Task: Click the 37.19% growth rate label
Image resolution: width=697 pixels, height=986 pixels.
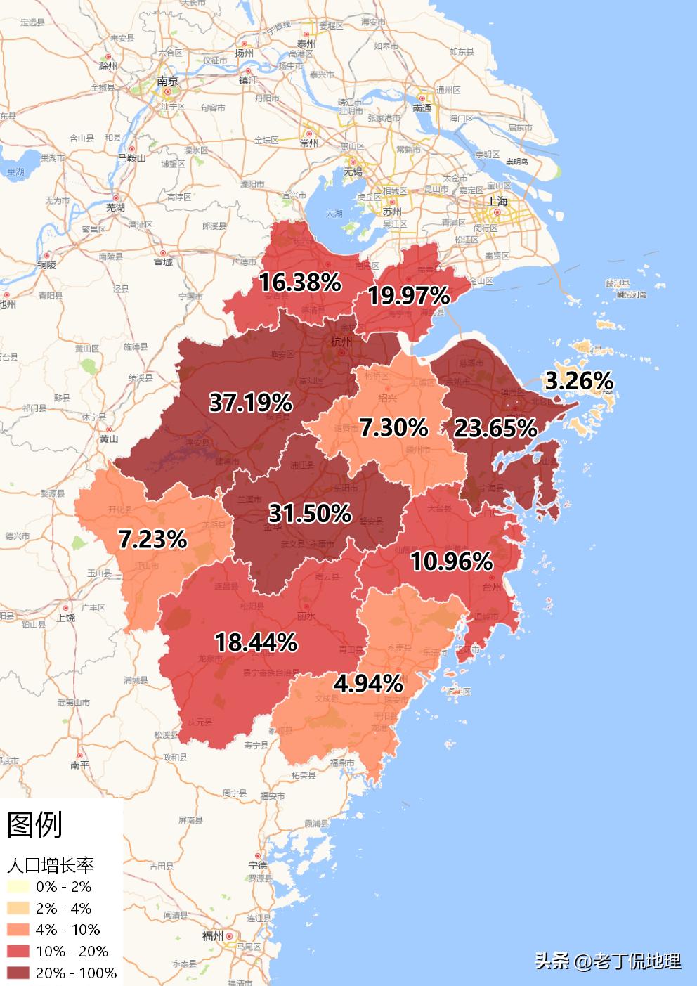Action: click(251, 403)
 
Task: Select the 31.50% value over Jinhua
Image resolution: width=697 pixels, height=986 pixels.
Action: click(310, 513)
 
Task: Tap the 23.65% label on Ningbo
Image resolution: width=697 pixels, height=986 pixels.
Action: click(495, 427)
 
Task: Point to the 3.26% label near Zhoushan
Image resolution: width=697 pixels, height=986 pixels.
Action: click(580, 381)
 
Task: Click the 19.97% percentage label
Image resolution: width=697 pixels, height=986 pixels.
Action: click(409, 296)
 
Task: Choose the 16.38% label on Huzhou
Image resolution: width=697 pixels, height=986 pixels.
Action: click(300, 283)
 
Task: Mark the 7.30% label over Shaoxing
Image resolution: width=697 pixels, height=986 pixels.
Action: click(393, 427)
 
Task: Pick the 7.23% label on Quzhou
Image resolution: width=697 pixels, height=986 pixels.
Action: click(152, 539)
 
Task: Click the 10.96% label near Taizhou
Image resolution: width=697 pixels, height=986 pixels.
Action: click(452, 561)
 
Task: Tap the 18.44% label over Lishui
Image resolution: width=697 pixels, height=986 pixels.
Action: click(256, 642)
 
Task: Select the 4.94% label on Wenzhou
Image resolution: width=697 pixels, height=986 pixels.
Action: click(368, 682)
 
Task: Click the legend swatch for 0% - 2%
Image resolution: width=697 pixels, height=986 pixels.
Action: click(19, 886)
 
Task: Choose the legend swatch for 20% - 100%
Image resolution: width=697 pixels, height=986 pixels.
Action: click(19, 973)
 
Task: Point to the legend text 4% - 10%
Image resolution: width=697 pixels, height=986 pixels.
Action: click(68, 930)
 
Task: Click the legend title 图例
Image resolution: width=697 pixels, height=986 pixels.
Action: click(35, 824)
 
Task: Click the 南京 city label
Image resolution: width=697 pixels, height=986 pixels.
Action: click(168, 81)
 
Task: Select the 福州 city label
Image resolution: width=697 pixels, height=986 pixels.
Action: click(212, 936)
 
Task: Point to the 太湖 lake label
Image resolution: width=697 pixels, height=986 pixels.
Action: click(334, 213)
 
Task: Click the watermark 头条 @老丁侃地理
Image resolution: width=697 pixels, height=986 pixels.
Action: click(608, 961)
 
